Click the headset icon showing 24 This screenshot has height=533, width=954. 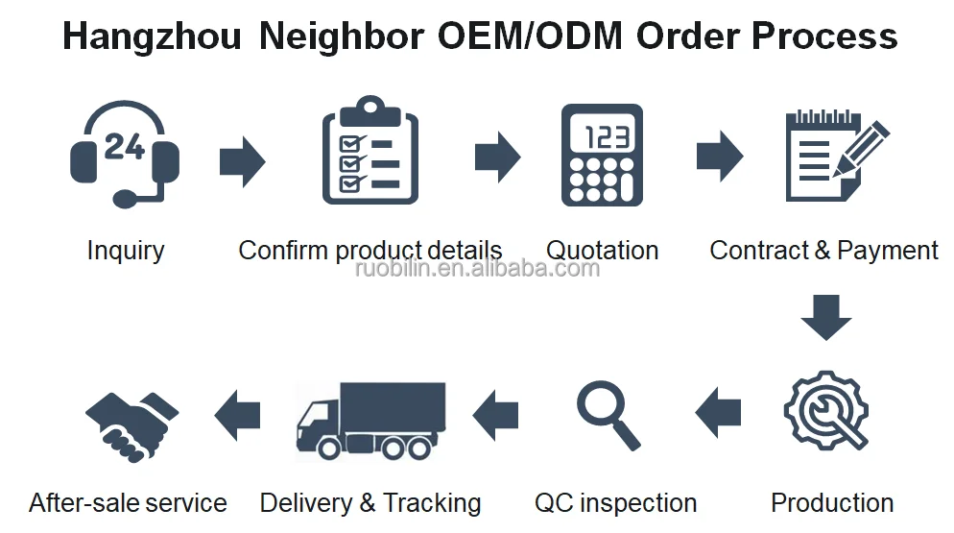coord(125,155)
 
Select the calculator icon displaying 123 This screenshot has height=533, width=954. coord(602,154)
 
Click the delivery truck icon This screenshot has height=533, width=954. coord(370,419)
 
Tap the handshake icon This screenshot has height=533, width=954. coord(131,417)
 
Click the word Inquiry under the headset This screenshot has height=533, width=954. coord(126,252)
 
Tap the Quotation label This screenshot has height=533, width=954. coord(602,252)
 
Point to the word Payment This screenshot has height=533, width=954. coord(888,252)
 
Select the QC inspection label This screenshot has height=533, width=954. coord(615,503)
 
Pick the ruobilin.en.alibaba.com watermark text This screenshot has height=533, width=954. coord(477,268)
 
